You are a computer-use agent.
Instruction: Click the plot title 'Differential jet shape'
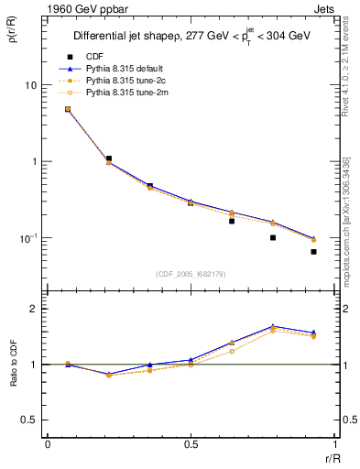click(127, 37)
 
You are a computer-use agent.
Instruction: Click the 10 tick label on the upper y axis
click(30, 85)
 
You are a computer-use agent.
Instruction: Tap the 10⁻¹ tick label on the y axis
click(27, 238)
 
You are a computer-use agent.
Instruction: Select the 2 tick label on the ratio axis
click(34, 309)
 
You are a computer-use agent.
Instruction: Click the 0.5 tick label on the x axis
click(190, 444)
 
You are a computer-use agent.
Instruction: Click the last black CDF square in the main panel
click(313, 252)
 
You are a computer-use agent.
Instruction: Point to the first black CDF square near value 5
click(68, 109)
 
